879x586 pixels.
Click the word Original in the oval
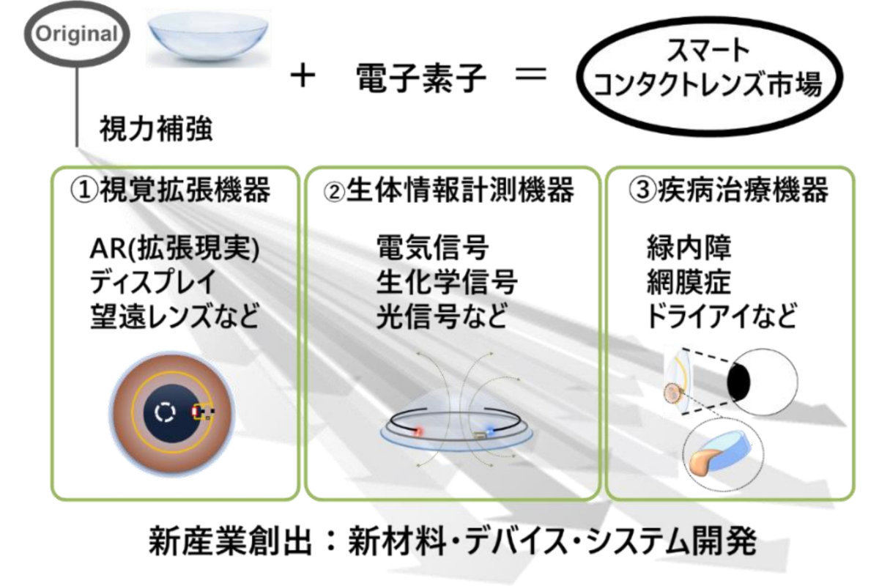click(77, 34)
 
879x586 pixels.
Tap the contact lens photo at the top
click(208, 37)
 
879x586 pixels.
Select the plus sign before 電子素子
click(303, 77)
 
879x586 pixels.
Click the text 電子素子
click(421, 78)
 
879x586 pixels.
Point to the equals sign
click(531, 74)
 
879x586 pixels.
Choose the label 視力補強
click(156, 128)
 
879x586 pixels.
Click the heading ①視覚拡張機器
click(170, 189)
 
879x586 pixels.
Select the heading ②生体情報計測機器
click(448, 190)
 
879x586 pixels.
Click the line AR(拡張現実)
click(174, 248)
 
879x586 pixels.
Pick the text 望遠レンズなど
click(174, 316)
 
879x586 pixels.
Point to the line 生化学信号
click(447, 282)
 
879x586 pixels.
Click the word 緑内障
click(689, 248)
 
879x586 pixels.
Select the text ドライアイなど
click(722, 316)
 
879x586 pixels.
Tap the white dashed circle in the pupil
click(166, 412)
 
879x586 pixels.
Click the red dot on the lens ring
click(418, 431)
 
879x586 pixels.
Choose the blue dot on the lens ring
click(490, 431)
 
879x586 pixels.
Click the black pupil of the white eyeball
click(738, 382)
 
